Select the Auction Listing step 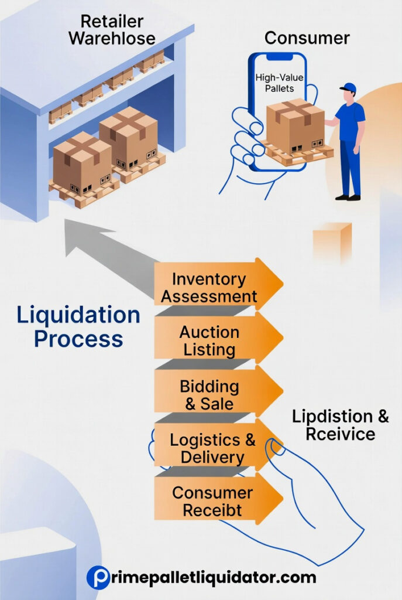click(x=209, y=341)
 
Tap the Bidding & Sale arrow click(x=209, y=396)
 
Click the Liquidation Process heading click(x=78, y=327)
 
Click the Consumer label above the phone click(x=307, y=39)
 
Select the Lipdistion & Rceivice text click(x=340, y=425)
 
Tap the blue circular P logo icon click(x=98, y=577)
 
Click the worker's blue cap click(x=348, y=88)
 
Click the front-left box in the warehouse click(x=82, y=161)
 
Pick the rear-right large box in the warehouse click(x=128, y=138)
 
